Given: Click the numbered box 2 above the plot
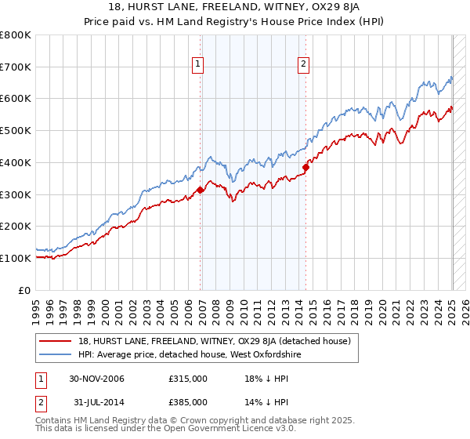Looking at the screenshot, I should [x=303, y=65].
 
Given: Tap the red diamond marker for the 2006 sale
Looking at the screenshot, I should [x=201, y=189].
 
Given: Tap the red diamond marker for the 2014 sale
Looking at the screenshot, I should [x=307, y=166].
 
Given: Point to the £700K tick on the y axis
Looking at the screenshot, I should [x=16, y=67].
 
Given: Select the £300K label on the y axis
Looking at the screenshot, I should [x=16, y=194].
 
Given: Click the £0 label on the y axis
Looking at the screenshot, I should [x=24, y=290].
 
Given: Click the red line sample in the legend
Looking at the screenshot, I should [x=55, y=341].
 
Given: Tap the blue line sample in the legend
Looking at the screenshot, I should [x=55, y=354].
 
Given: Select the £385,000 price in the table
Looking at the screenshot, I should [x=188, y=402].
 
